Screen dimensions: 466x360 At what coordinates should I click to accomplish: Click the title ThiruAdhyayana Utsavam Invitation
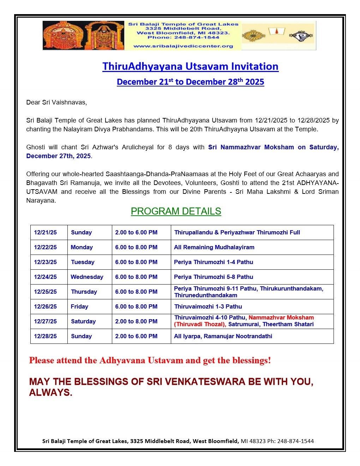[x=190, y=66]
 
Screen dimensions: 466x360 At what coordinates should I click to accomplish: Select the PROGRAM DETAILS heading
[x=176, y=211]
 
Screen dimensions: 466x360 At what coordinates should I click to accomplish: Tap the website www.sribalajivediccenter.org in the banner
[x=183, y=46]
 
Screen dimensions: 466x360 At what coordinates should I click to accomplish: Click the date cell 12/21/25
[x=45, y=232]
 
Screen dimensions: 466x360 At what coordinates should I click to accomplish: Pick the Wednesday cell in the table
[x=87, y=277]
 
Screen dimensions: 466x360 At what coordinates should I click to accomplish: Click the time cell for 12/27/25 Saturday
[x=136, y=321]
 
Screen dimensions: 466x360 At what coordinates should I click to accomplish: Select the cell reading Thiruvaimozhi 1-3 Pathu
[x=208, y=306]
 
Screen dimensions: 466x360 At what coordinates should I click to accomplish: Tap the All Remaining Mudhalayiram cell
[x=214, y=247]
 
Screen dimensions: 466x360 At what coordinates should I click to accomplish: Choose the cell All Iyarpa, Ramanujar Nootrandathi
[x=223, y=336]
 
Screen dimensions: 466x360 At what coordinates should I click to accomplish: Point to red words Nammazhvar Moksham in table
[x=281, y=317]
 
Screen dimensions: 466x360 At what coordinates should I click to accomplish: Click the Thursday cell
[x=84, y=292]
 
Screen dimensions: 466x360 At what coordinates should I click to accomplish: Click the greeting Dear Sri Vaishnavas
[x=56, y=102]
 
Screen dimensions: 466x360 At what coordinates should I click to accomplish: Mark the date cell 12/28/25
[x=45, y=336]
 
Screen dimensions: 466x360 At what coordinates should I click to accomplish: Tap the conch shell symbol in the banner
[x=301, y=35]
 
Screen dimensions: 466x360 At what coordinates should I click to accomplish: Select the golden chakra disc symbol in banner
[x=253, y=35]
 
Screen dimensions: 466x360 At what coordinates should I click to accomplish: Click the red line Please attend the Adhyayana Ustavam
[x=150, y=360]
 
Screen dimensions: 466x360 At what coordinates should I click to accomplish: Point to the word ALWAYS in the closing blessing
[x=50, y=393]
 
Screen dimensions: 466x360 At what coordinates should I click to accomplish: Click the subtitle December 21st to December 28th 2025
[x=190, y=82]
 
